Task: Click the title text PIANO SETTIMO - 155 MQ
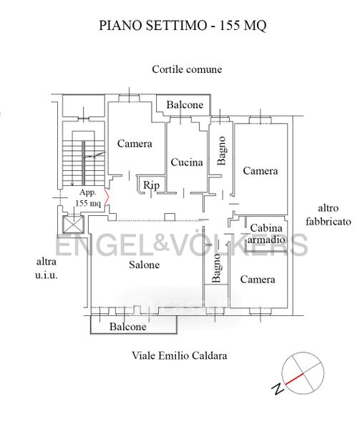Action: click(x=183, y=26)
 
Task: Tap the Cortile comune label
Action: click(x=187, y=69)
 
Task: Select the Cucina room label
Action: click(x=187, y=162)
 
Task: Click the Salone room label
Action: click(x=145, y=265)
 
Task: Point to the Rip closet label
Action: click(x=151, y=185)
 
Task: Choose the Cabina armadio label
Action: click(x=266, y=234)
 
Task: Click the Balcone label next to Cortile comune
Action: click(x=185, y=105)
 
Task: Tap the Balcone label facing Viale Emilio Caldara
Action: click(x=128, y=327)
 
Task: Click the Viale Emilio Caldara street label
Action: click(x=180, y=355)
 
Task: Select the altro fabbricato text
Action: click(x=329, y=214)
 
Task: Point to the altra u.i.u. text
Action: click(x=47, y=268)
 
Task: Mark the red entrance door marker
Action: click(x=107, y=197)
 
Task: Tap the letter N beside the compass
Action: click(x=278, y=389)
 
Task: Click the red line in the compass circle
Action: click(x=294, y=379)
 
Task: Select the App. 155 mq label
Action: click(x=88, y=198)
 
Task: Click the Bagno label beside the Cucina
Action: click(x=221, y=151)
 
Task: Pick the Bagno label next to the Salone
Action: click(x=216, y=268)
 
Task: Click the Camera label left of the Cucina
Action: click(x=135, y=144)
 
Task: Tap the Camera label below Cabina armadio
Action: click(x=258, y=280)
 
